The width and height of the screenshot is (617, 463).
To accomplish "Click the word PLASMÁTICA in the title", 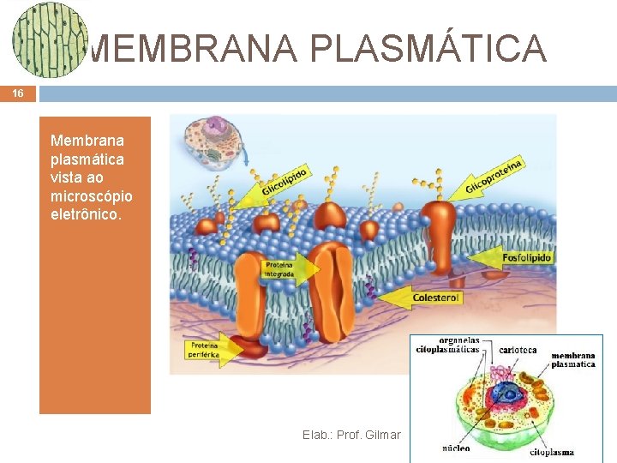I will click(428, 48).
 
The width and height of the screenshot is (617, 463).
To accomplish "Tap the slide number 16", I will click(18, 94).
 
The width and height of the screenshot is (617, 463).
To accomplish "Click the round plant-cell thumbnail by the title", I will click(50, 40).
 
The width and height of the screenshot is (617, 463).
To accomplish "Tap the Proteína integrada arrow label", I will click(280, 270).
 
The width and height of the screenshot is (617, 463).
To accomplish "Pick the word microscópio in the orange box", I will click(91, 196).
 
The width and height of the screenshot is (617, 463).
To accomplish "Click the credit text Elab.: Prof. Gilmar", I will click(351, 435).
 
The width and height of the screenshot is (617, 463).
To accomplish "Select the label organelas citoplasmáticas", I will click(447, 345).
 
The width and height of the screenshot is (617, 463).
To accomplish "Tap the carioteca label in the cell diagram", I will click(518, 350).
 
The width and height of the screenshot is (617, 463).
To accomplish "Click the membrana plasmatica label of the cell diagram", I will click(572, 359).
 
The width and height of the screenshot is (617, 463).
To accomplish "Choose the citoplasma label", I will click(552, 452).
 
